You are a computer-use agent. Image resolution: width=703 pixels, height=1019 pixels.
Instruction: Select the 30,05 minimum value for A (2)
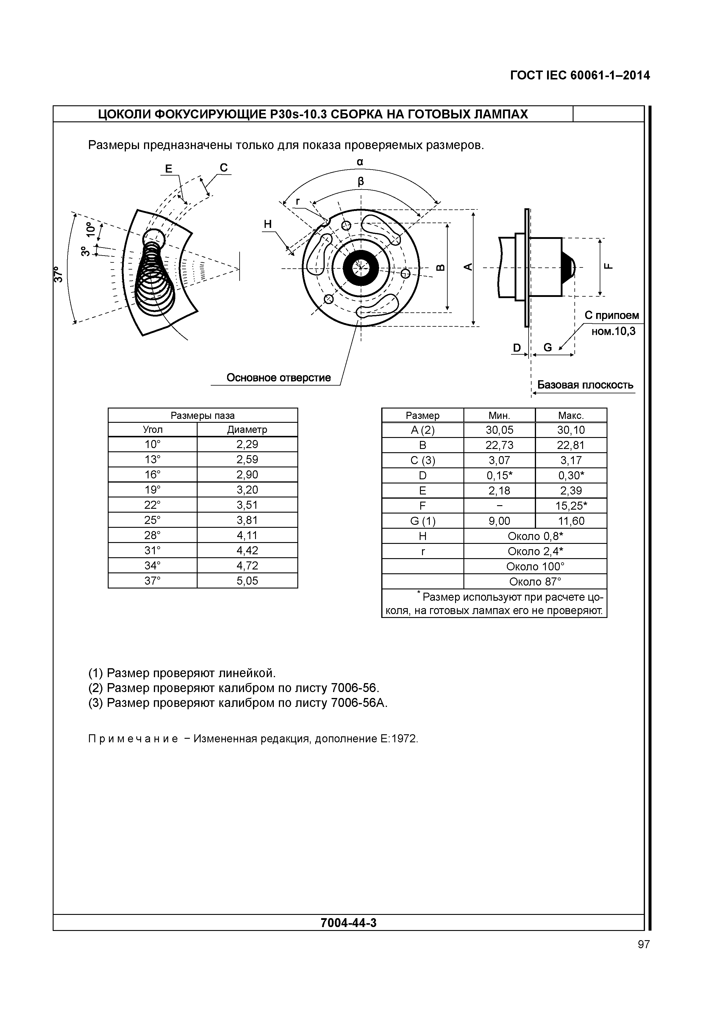coord(499,430)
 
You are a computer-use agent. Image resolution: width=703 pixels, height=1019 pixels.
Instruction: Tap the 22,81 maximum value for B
coord(571,445)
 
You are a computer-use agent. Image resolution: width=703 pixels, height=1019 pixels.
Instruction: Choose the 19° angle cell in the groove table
coord(152,490)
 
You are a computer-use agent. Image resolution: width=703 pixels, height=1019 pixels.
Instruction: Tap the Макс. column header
coord(571,415)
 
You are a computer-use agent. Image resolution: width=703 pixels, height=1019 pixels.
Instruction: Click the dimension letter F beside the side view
coord(608,266)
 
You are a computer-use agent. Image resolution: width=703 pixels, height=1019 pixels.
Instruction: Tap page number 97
coord(643,944)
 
